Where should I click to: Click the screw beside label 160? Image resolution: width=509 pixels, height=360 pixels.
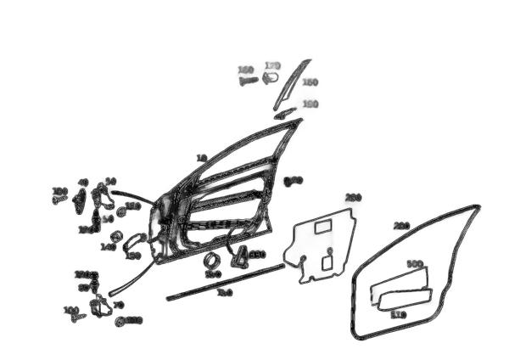click(x=247, y=82)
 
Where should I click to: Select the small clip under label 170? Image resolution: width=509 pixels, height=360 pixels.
click(x=271, y=78)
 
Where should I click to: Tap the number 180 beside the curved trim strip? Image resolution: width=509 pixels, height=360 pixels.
click(x=310, y=82)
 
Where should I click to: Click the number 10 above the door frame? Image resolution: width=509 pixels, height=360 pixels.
click(x=201, y=158)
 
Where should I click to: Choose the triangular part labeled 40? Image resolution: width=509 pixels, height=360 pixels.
click(x=80, y=200)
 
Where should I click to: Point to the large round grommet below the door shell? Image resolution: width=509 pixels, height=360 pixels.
click(x=211, y=261)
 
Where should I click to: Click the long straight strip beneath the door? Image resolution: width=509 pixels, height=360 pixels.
click(x=225, y=283)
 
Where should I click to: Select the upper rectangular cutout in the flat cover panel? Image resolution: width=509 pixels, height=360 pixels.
click(x=322, y=227)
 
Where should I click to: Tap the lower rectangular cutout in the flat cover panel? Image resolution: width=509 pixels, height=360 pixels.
click(x=327, y=263)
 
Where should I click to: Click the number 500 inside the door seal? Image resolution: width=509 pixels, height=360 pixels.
click(x=415, y=265)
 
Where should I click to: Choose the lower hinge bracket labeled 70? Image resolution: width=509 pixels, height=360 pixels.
click(x=102, y=306)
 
